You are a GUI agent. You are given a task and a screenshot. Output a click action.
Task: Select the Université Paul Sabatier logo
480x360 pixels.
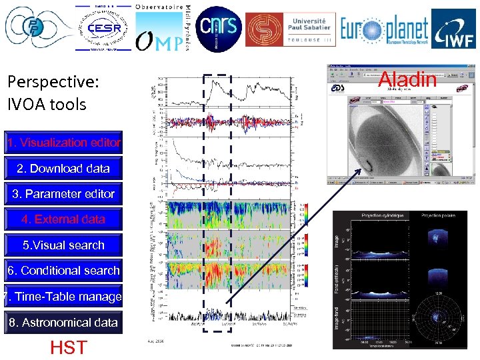[291, 29]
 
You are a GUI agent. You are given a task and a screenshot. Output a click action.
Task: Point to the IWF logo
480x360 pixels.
[453, 29]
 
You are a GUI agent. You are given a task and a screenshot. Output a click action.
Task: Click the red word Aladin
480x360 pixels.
[407, 80]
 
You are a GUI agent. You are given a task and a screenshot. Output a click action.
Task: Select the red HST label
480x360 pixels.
[68, 347]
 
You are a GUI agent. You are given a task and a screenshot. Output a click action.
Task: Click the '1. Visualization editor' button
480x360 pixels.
[63, 143]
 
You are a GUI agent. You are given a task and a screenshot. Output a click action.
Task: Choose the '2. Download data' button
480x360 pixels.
[63, 169]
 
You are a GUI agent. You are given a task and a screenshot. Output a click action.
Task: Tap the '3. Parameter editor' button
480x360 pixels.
[63, 194]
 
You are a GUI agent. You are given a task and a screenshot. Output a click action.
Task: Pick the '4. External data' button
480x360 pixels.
[63, 219]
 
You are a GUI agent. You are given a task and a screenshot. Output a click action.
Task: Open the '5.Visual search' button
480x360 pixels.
[63, 245]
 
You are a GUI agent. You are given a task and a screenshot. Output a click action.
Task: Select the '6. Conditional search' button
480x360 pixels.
[63, 271]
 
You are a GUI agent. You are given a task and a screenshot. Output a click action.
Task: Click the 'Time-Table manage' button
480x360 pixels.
[63, 297]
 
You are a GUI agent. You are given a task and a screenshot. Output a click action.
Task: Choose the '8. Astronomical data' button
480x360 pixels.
[63, 323]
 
